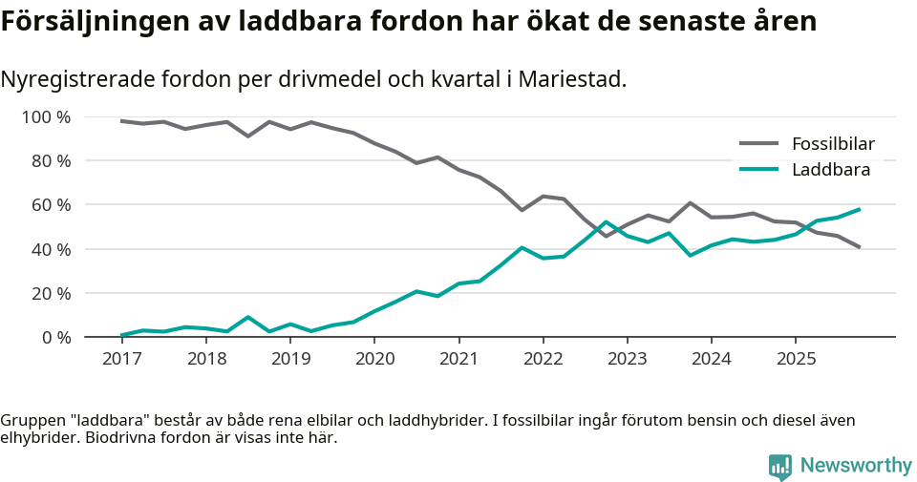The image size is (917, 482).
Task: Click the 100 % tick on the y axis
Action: [x=46, y=117]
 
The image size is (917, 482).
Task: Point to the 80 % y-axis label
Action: [x=50, y=161]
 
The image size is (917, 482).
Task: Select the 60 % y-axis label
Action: [x=50, y=205]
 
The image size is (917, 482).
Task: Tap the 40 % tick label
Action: [x=50, y=249]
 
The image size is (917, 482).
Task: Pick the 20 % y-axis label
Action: [x=50, y=293]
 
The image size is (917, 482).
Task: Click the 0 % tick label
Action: [x=54, y=337]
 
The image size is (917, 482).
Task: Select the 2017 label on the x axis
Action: [x=121, y=359]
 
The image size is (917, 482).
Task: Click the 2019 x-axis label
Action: [x=290, y=359]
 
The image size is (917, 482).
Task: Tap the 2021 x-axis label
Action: [x=459, y=359]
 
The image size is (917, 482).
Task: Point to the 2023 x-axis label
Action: [x=628, y=359]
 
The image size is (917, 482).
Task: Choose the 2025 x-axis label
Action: [x=797, y=359]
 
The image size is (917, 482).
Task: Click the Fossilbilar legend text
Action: [x=833, y=145]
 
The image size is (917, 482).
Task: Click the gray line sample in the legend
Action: [x=759, y=145]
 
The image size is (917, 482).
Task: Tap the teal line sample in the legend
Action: [x=759, y=170]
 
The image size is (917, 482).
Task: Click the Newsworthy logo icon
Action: [x=780, y=466]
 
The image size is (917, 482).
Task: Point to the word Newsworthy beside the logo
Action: [x=856, y=466]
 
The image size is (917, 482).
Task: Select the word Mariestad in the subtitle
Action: [x=575, y=79]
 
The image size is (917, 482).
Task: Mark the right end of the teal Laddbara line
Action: [x=860, y=209]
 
